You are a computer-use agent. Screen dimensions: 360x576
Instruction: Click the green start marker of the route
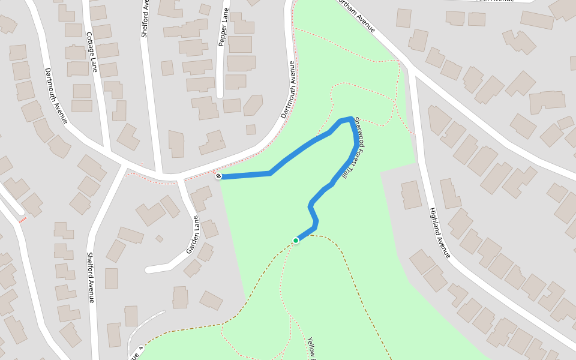tap(296, 241)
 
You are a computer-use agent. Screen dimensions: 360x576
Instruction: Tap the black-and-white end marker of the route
tap(218, 176)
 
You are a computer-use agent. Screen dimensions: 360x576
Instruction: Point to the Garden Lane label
tap(193, 235)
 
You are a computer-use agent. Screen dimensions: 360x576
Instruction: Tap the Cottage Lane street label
tap(91, 52)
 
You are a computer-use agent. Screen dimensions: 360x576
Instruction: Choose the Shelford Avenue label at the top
tap(145, 19)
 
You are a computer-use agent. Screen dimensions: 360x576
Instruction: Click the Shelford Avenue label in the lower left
tap(91, 277)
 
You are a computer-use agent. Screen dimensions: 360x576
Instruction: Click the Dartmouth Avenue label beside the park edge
tap(289, 89)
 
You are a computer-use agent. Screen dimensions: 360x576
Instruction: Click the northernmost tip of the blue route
tap(350, 118)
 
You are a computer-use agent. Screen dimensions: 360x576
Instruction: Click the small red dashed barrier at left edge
tap(22, 220)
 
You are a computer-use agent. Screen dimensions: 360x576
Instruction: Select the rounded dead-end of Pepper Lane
tap(220, 94)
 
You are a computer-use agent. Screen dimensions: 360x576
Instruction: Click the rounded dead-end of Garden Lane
tap(149, 270)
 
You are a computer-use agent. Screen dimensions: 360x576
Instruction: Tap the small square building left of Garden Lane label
tap(159, 239)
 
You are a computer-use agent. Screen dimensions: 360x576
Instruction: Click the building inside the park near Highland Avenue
tap(412, 195)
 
